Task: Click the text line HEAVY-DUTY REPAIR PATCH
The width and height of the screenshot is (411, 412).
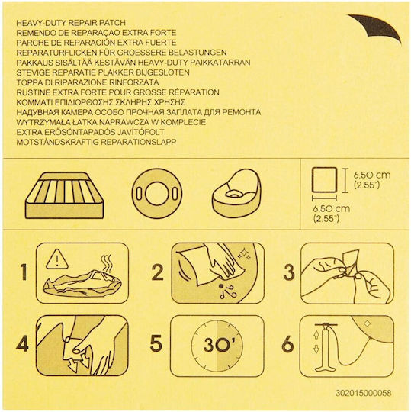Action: click(x=71, y=23)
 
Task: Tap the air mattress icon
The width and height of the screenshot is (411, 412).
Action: click(x=65, y=195)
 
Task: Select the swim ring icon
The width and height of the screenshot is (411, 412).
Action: click(x=157, y=194)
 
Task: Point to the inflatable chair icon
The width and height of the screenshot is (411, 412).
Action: click(x=236, y=194)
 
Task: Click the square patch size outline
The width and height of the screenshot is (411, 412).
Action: click(x=324, y=180)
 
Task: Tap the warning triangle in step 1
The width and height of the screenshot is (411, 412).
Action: click(x=57, y=259)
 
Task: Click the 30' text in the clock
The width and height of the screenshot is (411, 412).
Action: click(x=217, y=345)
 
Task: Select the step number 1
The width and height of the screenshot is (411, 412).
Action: click(x=24, y=272)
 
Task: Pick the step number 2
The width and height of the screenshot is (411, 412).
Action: click(x=158, y=272)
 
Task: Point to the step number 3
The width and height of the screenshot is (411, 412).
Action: click(x=289, y=272)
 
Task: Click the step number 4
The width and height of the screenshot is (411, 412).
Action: click(x=22, y=344)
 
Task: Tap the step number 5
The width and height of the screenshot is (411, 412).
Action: click(x=156, y=343)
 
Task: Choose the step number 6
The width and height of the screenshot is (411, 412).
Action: click(x=287, y=344)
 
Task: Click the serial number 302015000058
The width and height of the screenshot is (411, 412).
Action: click(x=363, y=393)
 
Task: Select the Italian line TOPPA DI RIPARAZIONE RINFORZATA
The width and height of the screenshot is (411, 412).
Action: click(x=88, y=82)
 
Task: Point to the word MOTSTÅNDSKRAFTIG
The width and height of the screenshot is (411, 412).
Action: click(x=57, y=142)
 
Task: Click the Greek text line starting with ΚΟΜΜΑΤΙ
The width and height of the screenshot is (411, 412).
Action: click(x=101, y=102)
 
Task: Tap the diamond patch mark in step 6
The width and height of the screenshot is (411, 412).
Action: click(x=368, y=323)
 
